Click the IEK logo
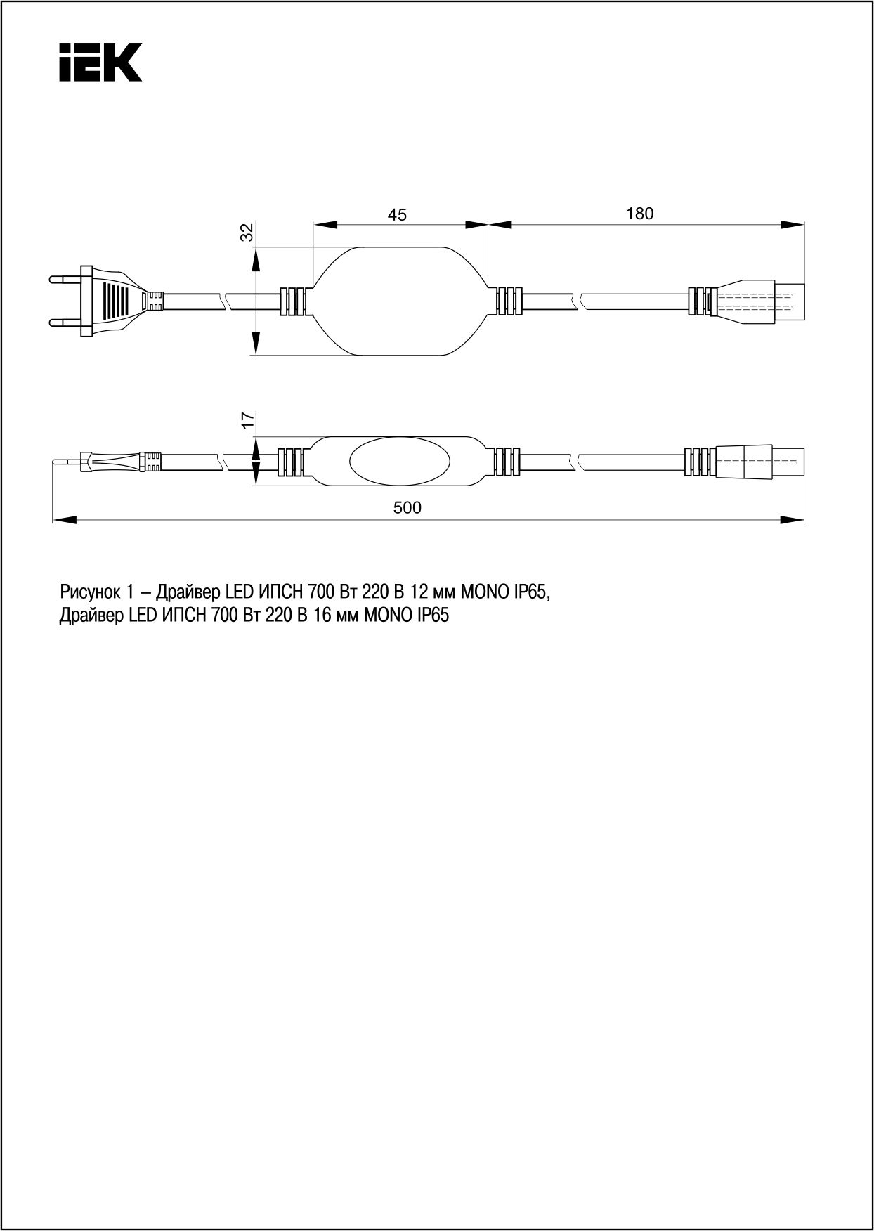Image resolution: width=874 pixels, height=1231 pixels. click(100, 62)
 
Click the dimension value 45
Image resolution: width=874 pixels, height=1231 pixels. click(398, 214)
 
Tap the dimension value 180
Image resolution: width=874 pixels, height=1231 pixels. click(639, 213)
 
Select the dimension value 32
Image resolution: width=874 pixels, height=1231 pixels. click(247, 233)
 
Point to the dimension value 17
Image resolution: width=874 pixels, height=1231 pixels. click(247, 419)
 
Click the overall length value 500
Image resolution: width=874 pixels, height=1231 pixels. click(407, 507)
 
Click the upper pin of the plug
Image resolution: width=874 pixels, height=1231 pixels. click(65, 280)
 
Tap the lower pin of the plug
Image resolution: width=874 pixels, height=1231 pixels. click(65, 323)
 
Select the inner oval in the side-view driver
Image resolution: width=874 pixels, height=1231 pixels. click(400, 462)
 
